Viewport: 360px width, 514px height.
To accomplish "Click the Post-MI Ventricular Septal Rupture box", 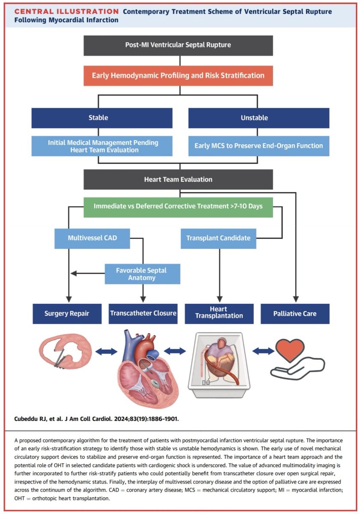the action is (x=178, y=45).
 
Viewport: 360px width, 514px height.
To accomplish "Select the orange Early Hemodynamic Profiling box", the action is (x=178, y=76).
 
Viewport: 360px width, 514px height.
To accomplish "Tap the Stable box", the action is (x=102, y=118).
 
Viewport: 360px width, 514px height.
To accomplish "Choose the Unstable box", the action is (x=259, y=118).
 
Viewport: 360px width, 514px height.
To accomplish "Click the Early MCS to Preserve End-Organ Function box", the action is (x=259, y=146).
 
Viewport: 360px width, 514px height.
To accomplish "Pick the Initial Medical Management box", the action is (x=102, y=146).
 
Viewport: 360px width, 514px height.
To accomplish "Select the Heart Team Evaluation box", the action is (x=178, y=179).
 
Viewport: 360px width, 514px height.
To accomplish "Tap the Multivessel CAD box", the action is (x=92, y=239).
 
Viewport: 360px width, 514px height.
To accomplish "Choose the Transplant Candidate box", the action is (x=218, y=239).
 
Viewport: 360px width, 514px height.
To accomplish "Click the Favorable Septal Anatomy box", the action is (x=143, y=274).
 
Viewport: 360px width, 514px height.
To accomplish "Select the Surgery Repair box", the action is (x=67, y=314).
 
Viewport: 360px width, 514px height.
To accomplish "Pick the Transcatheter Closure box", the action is (x=143, y=314).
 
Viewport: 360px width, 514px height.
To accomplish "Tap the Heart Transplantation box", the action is (x=219, y=314).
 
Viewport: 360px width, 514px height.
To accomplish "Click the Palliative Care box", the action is (x=295, y=314).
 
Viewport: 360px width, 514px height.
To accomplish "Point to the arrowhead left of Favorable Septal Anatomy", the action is (x=73, y=273).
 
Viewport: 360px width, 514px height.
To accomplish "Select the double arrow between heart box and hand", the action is (x=263, y=351).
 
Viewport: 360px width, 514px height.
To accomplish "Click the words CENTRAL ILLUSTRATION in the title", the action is (x=66, y=11).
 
